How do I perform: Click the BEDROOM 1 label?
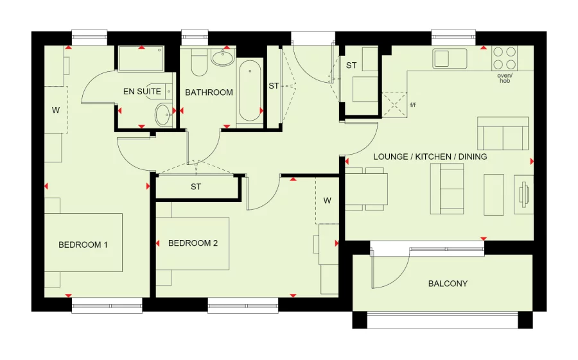(83, 244)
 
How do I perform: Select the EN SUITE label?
(142, 92)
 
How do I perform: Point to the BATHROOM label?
(209, 92)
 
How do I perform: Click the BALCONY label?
(448, 284)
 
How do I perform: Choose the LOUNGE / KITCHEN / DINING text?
(430, 157)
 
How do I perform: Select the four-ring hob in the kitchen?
(505, 58)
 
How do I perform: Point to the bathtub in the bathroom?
(249, 91)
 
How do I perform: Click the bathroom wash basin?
(223, 58)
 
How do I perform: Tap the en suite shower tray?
(140, 58)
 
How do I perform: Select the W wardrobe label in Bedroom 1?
(56, 110)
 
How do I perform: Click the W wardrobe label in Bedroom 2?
(327, 201)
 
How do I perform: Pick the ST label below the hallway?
(196, 187)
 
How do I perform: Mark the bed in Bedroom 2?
(193, 244)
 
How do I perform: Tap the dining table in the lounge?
(366, 189)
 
